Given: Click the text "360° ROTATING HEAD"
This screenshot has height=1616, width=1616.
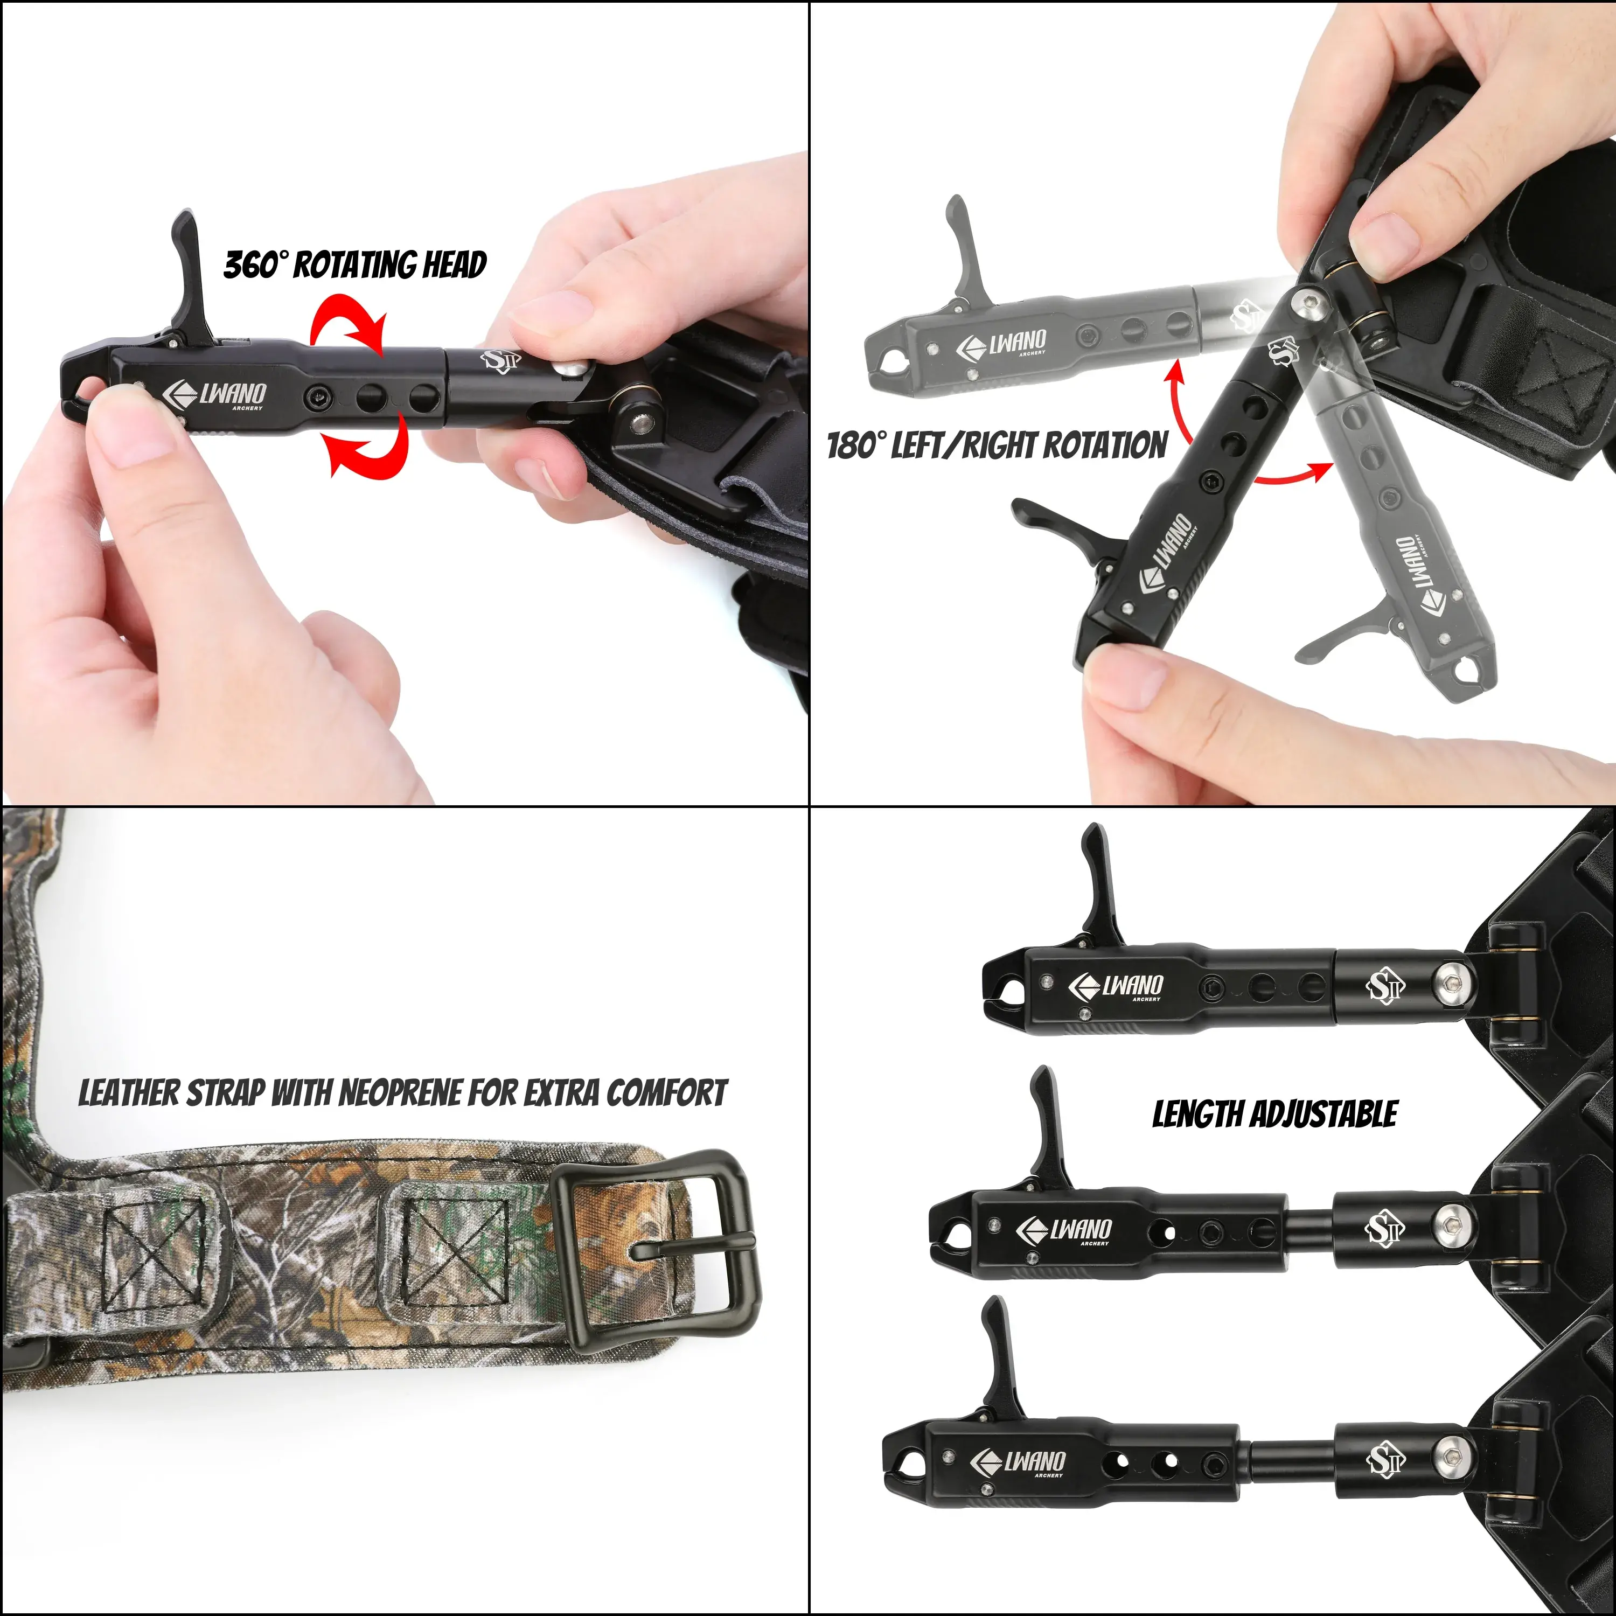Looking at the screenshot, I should tap(356, 264).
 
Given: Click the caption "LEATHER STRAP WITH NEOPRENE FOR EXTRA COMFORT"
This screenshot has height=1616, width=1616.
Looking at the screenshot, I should tap(402, 1093).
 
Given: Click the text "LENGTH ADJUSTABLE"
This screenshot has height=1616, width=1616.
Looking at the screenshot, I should tap(1274, 1114).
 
